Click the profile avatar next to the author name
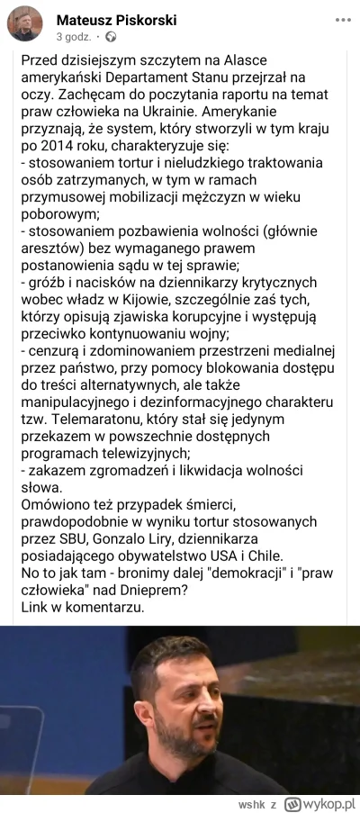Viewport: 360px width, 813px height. (x=24, y=24)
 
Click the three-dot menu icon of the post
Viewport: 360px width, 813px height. (x=342, y=19)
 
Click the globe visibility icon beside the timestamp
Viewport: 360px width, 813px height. (x=111, y=37)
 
